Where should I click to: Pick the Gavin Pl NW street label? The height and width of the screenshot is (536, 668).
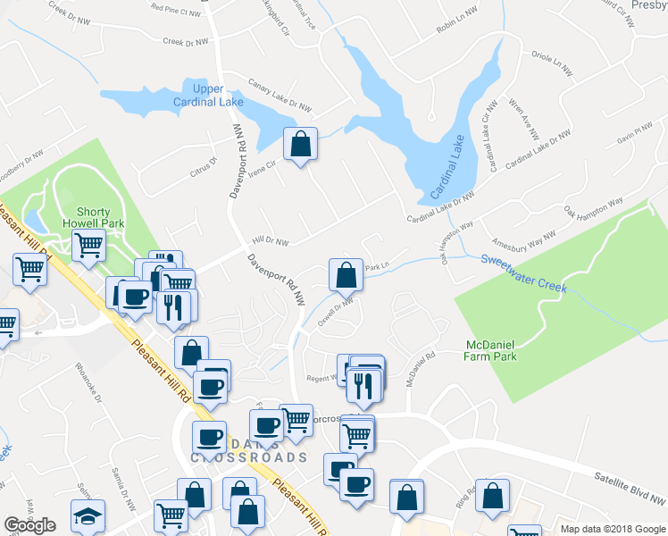(636, 136)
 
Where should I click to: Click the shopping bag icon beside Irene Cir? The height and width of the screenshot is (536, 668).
(301, 143)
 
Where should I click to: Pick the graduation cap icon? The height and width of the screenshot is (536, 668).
(88, 515)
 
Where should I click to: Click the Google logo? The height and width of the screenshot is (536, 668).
(29, 525)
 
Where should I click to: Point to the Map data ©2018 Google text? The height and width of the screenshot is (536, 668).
(613, 529)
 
